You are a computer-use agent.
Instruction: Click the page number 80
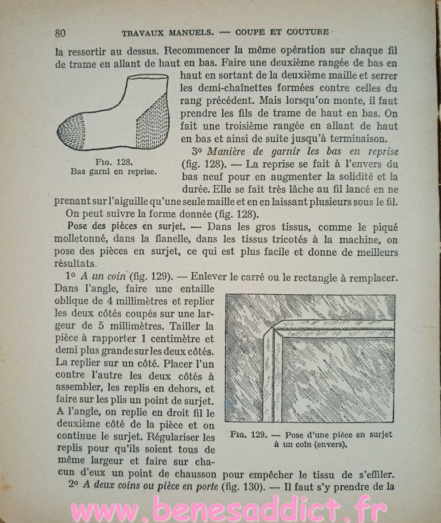[x=61, y=32]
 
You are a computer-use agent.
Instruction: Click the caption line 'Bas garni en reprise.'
[x=113, y=171]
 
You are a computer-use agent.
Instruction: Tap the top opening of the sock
[x=141, y=76]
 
